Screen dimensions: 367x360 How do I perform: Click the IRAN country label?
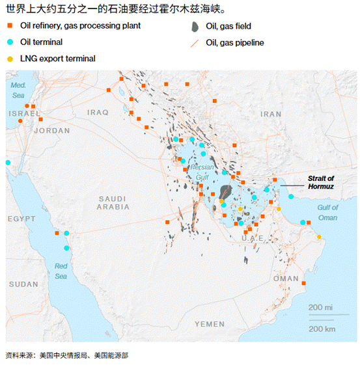(271, 113)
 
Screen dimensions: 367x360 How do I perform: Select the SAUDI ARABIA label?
(113, 202)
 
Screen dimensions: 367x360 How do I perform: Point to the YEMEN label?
(209, 323)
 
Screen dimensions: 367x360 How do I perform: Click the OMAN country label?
(286, 279)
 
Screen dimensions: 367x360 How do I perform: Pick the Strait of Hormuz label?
(320, 182)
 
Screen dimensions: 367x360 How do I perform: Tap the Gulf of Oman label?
(327, 213)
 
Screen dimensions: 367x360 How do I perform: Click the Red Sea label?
(61, 271)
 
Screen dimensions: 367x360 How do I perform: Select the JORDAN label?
(51, 130)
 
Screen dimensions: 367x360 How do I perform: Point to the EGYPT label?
(22, 219)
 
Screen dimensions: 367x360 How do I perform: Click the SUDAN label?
(23, 284)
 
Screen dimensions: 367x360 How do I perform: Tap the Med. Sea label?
(18, 90)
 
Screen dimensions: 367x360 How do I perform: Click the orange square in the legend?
(10, 26)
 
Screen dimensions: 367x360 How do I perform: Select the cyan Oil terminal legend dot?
(10, 42)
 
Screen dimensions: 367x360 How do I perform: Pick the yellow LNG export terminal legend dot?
(10, 59)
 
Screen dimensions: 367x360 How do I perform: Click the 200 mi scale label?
(320, 306)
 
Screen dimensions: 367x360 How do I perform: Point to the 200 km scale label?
(322, 329)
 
